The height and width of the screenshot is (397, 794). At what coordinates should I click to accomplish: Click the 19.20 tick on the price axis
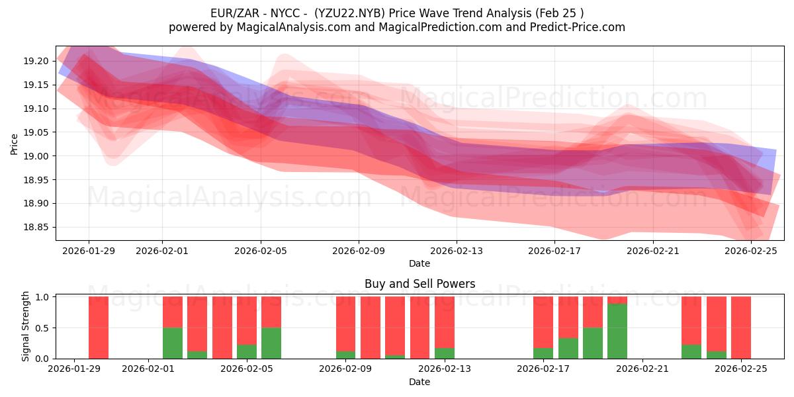pos(36,61)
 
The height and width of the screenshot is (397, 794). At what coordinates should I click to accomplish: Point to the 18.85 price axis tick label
pos(36,228)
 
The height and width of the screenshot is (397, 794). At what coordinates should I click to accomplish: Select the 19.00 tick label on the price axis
pos(36,156)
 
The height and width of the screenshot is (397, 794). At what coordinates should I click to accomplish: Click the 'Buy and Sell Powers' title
pos(419,284)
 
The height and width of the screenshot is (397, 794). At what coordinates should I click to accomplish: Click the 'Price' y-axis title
pos(15,144)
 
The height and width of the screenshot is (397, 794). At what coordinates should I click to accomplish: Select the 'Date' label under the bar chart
pos(419,382)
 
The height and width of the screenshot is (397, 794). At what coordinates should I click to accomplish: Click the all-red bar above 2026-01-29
pos(99,328)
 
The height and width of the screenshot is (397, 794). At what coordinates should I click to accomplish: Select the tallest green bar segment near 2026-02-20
pos(617,331)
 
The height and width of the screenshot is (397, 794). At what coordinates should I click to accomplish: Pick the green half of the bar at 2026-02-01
pos(173,343)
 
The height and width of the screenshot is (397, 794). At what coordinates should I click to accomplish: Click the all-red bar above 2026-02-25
pos(741,328)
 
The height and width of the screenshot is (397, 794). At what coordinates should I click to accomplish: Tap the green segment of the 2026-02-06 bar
pos(271,343)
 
